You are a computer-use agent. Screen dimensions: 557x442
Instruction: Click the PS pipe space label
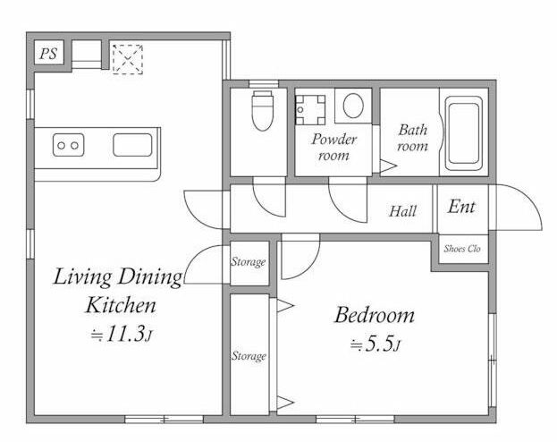click(x=48, y=54)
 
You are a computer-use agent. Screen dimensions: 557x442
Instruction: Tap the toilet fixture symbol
click(x=262, y=111)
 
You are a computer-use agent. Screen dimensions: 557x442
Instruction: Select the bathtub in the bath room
click(x=464, y=133)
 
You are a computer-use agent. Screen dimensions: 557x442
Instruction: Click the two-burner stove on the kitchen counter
click(x=69, y=145)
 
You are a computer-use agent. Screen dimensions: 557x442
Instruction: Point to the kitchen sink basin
click(x=132, y=145)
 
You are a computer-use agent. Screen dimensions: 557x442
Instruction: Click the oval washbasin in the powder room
click(x=353, y=106)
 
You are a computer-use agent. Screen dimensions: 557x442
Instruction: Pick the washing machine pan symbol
click(x=310, y=110)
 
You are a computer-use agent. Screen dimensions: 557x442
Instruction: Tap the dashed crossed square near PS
click(x=128, y=59)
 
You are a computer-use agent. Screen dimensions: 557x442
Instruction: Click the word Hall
click(x=403, y=211)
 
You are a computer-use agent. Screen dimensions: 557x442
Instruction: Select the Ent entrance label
click(x=461, y=207)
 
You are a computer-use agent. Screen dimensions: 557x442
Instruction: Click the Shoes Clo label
click(x=462, y=249)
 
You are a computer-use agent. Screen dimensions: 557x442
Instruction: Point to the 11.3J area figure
click(x=122, y=334)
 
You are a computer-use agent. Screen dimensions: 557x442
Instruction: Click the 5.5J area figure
click(x=376, y=344)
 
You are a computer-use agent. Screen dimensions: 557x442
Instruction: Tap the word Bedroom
click(x=375, y=315)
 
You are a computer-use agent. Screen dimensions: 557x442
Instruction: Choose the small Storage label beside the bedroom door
click(x=249, y=262)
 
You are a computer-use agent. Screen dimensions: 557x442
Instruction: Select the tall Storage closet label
click(x=249, y=356)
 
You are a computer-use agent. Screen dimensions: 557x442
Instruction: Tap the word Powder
click(x=333, y=139)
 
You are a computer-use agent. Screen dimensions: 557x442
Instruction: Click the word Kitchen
click(x=121, y=305)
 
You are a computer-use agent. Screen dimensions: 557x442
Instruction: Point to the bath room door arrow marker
click(x=388, y=166)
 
